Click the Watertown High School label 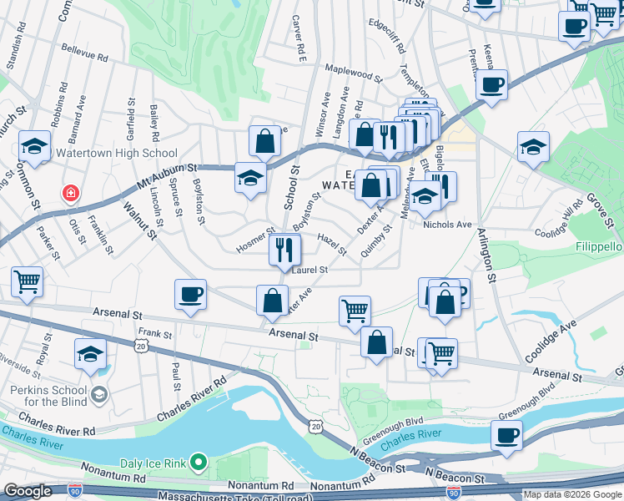(116, 153)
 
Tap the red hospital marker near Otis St (72, 194)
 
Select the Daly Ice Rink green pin (199, 461)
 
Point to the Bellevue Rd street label (87, 58)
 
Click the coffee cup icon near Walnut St (191, 295)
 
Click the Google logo (28, 491)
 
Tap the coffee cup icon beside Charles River (507, 435)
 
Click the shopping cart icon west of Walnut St (28, 282)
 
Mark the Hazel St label (332, 244)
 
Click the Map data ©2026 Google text (573, 494)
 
